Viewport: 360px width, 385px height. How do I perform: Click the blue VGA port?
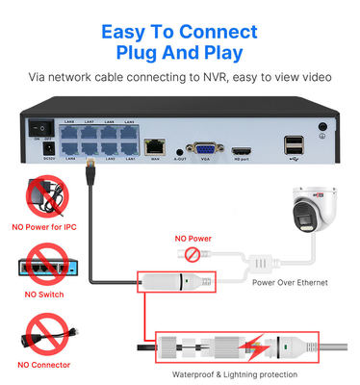(x=204, y=149)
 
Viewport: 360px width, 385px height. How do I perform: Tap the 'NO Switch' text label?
(x=41, y=294)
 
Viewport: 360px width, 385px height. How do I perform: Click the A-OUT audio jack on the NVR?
(x=180, y=150)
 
